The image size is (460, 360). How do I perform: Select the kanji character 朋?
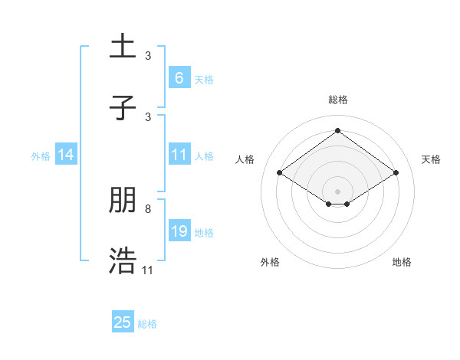coord(123,201)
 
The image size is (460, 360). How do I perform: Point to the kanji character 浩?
coord(123,260)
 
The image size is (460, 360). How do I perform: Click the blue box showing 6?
coord(179,78)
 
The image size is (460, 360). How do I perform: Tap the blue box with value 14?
coord(66,155)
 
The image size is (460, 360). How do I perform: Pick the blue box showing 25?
coord(123,322)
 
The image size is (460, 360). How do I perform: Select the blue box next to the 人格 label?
coord(179,155)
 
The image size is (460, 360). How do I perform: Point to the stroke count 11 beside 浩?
coord(148,270)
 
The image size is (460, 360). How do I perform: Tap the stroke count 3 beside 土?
coord(148,56)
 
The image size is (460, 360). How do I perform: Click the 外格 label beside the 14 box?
coord(41,155)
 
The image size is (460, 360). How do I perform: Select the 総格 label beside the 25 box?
coord(147,324)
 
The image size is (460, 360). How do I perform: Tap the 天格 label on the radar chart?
coord(431,159)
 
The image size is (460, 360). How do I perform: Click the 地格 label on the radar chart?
coord(402,262)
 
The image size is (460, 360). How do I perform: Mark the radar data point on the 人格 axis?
coord(280,173)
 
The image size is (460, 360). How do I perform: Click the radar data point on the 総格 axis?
coord(337,130)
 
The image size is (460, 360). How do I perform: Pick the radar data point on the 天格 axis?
coord(396,173)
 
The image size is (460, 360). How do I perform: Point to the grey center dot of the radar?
coord(337,191)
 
